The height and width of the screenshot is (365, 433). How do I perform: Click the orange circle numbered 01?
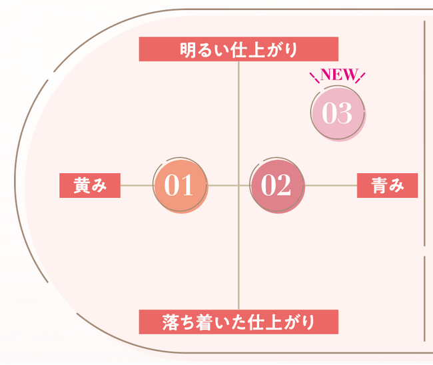click(181, 186)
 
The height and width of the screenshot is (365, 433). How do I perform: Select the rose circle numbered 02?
click(277, 186)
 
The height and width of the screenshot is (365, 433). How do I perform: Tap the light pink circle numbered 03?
click(338, 113)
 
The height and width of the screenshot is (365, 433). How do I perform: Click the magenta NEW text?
click(338, 75)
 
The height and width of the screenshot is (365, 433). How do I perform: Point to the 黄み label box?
click(90, 186)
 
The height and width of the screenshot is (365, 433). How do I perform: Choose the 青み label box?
click(388, 186)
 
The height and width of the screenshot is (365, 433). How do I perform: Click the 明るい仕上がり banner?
click(238, 49)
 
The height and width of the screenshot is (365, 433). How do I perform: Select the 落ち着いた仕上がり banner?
click(238, 322)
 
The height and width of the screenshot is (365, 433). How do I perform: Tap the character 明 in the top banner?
click(189, 50)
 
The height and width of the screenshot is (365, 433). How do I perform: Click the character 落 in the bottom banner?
click(171, 322)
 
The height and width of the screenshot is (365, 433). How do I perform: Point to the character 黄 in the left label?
click(81, 185)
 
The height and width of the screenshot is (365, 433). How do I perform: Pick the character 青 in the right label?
click(379, 185)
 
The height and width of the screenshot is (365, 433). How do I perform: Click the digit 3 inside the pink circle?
click(345, 113)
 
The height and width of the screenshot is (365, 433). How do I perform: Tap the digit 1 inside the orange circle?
click(187, 185)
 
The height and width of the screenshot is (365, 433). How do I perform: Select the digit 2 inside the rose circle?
click(284, 185)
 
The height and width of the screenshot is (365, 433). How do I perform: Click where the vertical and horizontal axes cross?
click(238, 186)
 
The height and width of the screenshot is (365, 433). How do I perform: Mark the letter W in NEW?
click(349, 75)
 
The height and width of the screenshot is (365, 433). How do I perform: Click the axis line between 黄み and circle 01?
click(137, 186)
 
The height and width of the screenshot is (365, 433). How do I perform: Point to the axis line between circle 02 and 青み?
click(331, 186)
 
